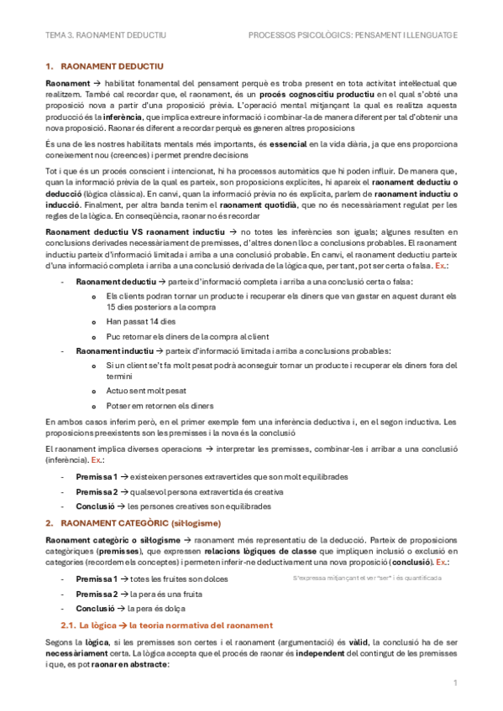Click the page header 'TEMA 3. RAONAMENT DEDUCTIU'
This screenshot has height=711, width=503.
(x=106, y=35)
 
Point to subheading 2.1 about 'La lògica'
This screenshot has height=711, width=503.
(x=166, y=625)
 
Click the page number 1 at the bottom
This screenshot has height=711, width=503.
(x=454, y=683)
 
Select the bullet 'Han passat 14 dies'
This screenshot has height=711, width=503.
(x=142, y=321)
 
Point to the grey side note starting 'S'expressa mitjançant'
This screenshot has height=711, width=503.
(x=366, y=579)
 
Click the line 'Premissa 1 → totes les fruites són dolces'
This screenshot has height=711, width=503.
(x=151, y=579)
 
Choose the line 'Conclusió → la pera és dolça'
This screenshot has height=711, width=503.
(x=130, y=608)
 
